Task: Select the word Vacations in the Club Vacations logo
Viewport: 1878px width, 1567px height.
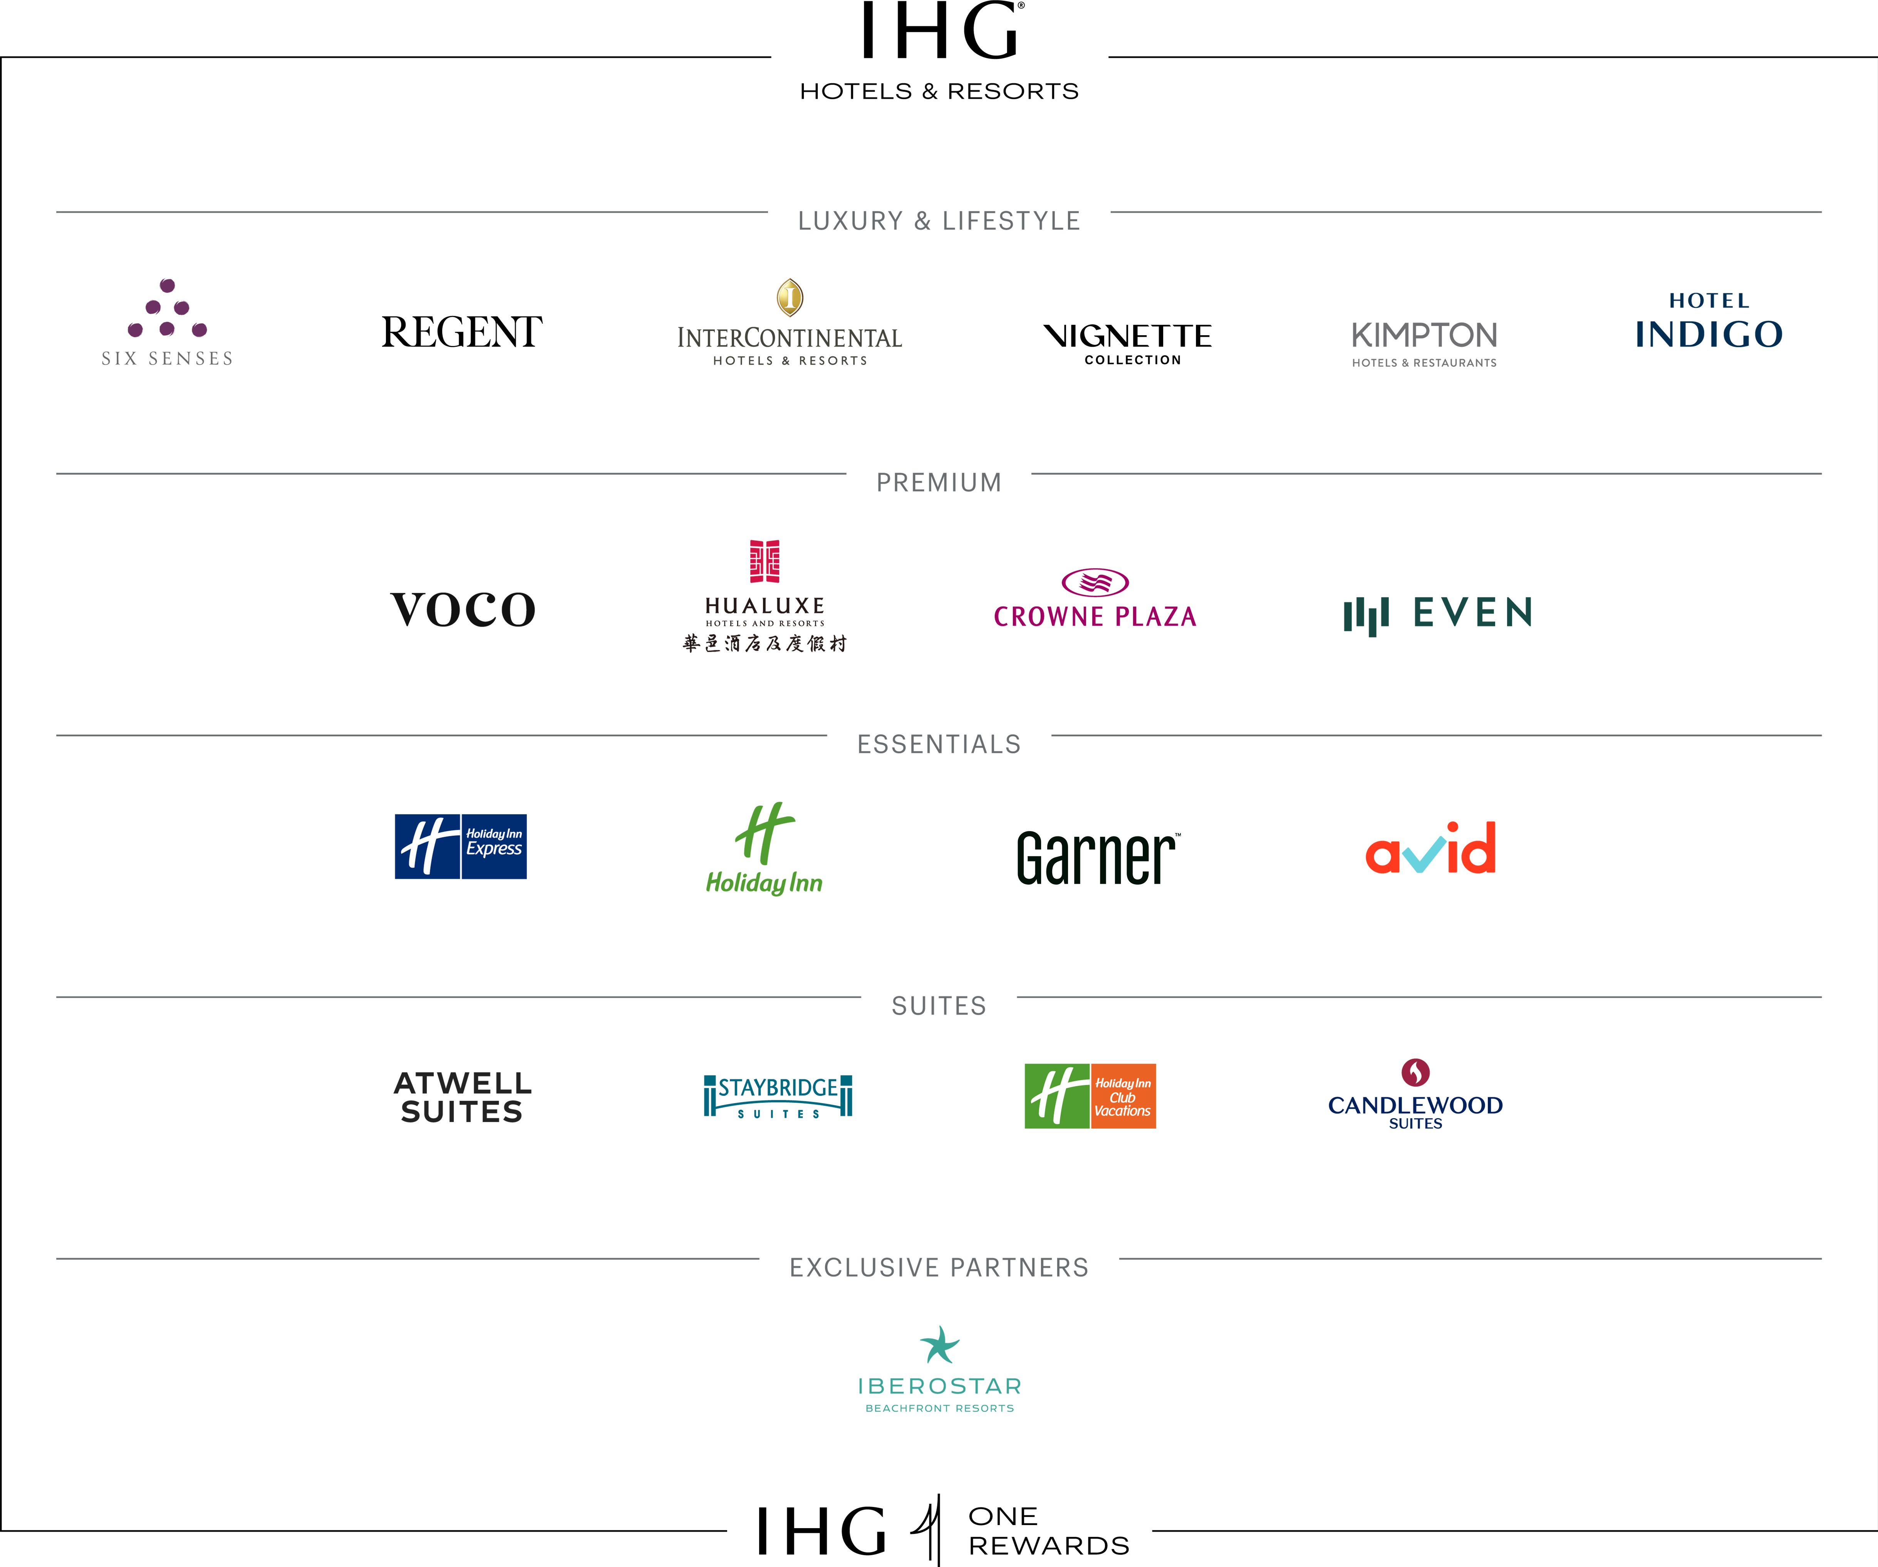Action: (1122, 1111)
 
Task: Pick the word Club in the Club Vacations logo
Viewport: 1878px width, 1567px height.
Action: (1122, 1098)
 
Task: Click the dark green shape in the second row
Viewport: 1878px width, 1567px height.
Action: (1444, 608)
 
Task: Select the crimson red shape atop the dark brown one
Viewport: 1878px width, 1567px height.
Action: (765, 545)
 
